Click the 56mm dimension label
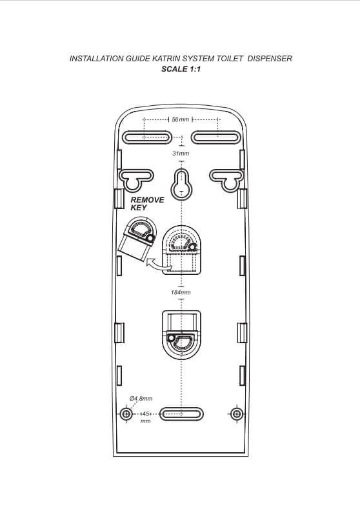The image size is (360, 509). point(180,119)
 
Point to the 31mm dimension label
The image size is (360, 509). point(181,154)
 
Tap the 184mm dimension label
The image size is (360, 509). point(181,292)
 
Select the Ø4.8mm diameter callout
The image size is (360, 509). point(141,398)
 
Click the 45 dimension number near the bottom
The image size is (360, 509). point(146,414)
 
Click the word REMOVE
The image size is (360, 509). point(147,199)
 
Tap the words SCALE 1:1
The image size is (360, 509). point(181,69)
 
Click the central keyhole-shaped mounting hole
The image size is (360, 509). point(181,184)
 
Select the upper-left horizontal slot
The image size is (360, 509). point(146,137)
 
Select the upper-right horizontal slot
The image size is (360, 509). point(215,137)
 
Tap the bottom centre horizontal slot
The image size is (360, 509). point(181,414)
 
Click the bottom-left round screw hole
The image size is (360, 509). point(126,414)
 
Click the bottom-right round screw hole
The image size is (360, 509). point(237,414)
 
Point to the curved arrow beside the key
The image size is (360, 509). point(158,264)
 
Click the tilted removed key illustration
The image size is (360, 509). point(137,239)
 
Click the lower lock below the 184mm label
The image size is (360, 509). point(181,335)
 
